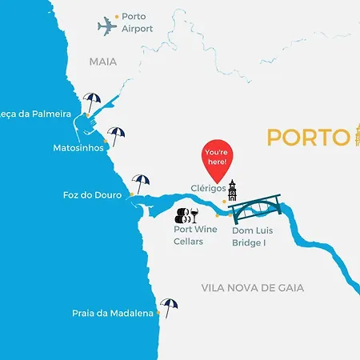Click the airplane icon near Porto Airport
pyautogui.click(x=108, y=27)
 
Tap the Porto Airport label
pyautogui.click(x=138, y=22)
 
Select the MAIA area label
pyautogui.click(x=103, y=62)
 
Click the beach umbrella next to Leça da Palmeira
pyautogui.click(x=93, y=103)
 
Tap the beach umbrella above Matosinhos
pyautogui.click(x=117, y=135)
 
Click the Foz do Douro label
pyautogui.click(x=92, y=195)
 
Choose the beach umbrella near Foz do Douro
pyautogui.click(x=141, y=183)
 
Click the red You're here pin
pyautogui.click(x=216, y=154)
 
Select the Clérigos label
pyautogui.click(x=208, y=189)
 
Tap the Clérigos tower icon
pyautogui.click(x=232, y=190)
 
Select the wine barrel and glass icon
pyautogui.click(x=186, y=214)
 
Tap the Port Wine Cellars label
pyautogui.click(x=195, y=235)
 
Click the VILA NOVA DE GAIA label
pyautogui.click(x=253, y=288)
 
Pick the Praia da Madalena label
pyautogui.click(x=112, y=314)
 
